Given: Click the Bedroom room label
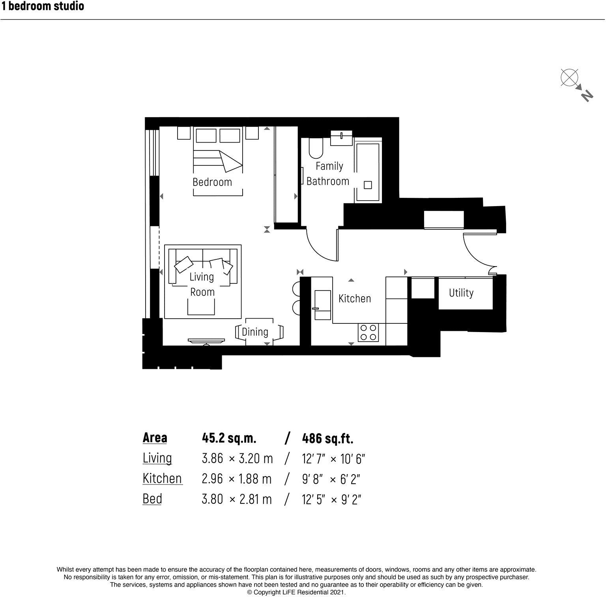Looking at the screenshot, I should tap(212, 182).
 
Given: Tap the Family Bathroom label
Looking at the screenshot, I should tap(328, 174).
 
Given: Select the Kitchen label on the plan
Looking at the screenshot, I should tap(354, 298).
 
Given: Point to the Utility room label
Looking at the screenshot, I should tap(461, 293).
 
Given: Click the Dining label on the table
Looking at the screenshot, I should tap(255, 332).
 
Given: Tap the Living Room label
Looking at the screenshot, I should tap(202, 284).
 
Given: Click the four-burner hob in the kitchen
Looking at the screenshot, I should tap(368, 332).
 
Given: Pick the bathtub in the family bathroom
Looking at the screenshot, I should tap(368, 172).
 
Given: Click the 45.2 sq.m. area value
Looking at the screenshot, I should tap(229, 438).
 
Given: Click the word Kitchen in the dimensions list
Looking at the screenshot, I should tap(162, 479).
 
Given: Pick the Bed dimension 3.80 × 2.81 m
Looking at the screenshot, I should tap(237, 499).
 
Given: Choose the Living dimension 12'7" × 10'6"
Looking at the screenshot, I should tap(334, 459).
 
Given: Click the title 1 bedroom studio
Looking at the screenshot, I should tap(42, 6).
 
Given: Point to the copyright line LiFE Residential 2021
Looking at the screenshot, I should tap(296, 592).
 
